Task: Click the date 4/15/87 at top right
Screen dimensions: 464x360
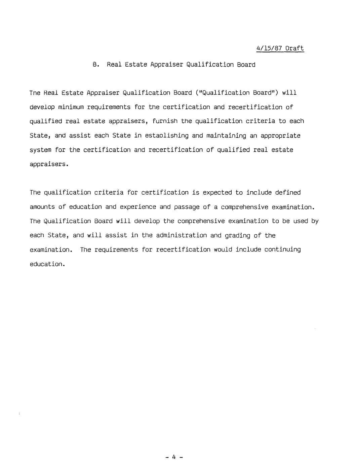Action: click(x=269, y=48)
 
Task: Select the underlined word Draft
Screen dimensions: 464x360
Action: click(x=294, y=48)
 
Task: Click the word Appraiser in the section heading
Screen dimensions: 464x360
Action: click(x=166, y=65)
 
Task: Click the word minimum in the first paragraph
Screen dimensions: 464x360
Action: click(x=71, y=107)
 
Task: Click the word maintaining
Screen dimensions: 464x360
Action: click(x=226, y=136)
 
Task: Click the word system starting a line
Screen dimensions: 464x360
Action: click(x=40, y=150)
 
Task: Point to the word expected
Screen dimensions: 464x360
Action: click(x=217, y=193)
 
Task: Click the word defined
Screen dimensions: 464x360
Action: click(x=288, y=193)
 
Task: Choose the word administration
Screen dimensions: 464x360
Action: click(x=181, y=235)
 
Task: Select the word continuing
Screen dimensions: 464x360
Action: click(x=282, y=249)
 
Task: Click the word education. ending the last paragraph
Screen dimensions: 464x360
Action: click(x=47, y=264)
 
